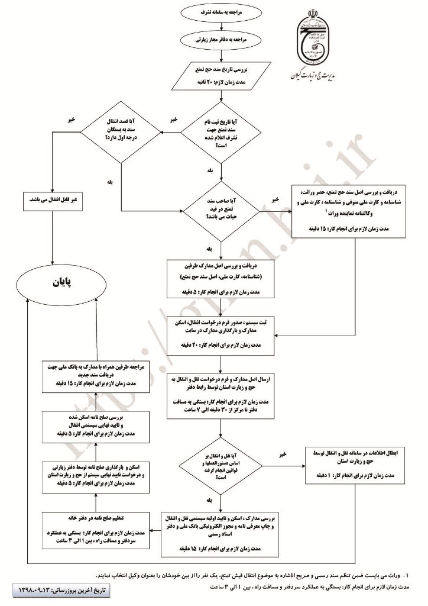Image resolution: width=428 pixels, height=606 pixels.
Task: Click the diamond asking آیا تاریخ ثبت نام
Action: point(221,136)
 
